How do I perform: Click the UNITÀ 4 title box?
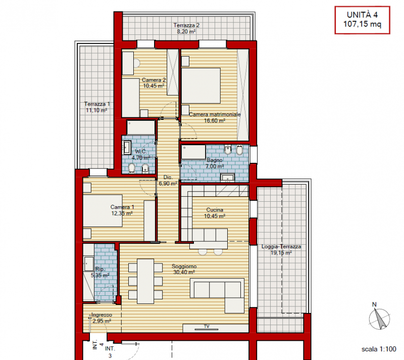tap(362, 20)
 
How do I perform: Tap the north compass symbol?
tap(379, 317)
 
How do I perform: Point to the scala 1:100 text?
tap(379, 349)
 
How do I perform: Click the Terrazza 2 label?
tap(186, 25)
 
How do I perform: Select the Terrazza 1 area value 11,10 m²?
tap(96, 110)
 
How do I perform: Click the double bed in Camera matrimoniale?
tap(201, 85)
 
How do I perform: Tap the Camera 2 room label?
tap(154, 80)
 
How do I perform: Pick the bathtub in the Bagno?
tap(193, 152)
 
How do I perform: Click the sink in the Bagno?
tap(228, 177)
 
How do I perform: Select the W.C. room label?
tap(141, 151)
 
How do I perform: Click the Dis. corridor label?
tap(168, 177)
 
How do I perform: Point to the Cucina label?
tap(215, 210)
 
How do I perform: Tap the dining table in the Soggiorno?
tap(145, 281)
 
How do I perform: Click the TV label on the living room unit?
tap(207, 326)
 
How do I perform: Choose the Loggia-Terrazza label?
tap(281, 247)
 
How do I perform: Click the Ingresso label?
tap(102, 315)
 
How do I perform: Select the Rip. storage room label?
tap(99, 269)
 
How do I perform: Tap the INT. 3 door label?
tap(110, 352)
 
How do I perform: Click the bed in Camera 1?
tap(103, 211)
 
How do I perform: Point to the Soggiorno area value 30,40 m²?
tap(184, 272)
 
